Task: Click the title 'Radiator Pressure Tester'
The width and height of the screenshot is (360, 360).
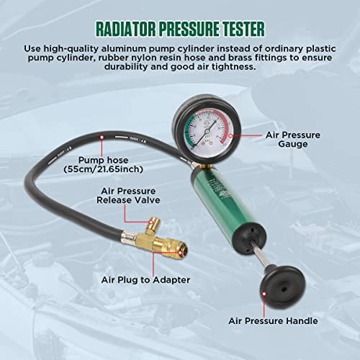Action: [x=179, y=30]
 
